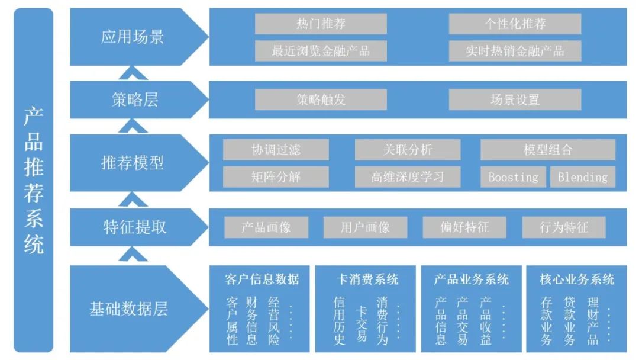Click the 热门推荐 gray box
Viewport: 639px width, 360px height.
(x=321, y=24)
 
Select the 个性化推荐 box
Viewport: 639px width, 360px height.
(x=515, y=24)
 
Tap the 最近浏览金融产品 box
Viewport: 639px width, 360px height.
(x=321, y=51)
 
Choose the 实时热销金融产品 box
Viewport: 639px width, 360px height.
(x=515, y=51)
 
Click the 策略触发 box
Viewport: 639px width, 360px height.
(x=321, y=99)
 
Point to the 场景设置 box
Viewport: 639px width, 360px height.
(x=515, y=99)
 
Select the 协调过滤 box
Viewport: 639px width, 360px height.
(x=276, y=150)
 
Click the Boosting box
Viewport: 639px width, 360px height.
(x=513, y=177)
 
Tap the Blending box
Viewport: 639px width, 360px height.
(x=583, y=177)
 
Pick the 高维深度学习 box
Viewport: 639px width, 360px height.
(x=407, y=177)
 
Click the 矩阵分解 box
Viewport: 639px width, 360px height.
(x=276, y=177)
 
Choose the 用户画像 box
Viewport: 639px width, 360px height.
(x=365, y=227)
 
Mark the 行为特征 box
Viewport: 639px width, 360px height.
(x=564, y=227)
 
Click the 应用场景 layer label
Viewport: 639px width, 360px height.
(x=133, y=37)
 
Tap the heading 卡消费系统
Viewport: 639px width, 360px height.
(x=367, y=279)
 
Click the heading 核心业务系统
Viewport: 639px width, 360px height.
(x=577, y=279)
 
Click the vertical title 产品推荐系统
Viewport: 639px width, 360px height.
(x=34, y=180)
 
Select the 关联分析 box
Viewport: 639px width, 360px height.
(x=407, y=150)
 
